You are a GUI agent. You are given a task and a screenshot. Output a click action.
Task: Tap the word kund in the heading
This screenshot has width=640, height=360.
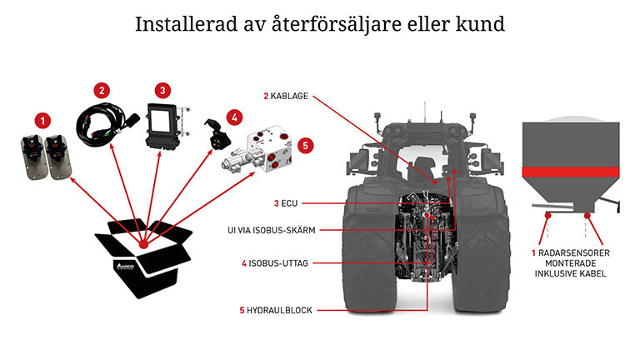click(x=482, y=24)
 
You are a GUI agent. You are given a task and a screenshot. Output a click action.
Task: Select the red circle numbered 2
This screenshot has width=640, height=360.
click(x=102, y=89)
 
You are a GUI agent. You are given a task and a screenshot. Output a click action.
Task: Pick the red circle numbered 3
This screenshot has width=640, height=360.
click(x=164, y=89)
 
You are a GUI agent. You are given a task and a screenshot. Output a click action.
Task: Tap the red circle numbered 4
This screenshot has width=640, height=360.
click(x=235, y=117)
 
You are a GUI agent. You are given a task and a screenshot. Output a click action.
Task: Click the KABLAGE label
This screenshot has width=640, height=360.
click(x=289, y=97)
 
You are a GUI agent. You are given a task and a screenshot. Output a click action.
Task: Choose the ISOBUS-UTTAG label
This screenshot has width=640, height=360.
click(x=278, y=263)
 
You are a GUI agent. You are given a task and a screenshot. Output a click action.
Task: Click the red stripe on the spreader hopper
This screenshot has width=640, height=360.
click(x=572, y=172)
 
